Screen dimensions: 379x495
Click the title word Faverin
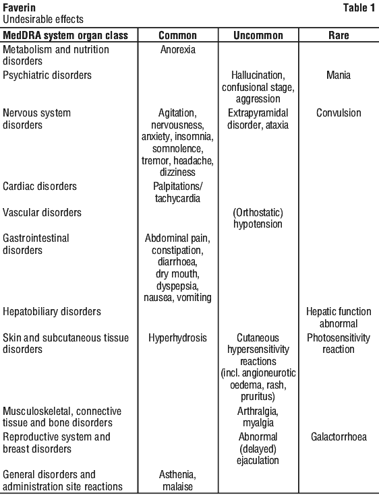(20, 7)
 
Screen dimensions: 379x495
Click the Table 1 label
(359, 7)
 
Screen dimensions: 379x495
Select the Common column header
(177, 35)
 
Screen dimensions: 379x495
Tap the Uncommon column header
(258, 35)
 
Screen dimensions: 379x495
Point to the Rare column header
(339, 35)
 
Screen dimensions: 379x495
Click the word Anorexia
(177, 50)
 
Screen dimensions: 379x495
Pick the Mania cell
(339, 75)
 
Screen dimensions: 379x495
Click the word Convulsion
(339, 113)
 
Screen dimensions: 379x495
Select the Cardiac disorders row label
(40, 187)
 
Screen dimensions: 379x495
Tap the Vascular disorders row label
(42, 212)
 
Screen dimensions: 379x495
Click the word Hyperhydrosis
(177, 338)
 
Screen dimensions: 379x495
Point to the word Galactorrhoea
(339, 437)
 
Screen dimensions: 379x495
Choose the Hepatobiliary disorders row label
(52, 312)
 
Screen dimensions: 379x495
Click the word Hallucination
(258, 75)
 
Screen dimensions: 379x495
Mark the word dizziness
(177, 172)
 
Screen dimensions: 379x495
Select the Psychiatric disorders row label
(47, 75)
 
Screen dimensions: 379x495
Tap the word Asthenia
(177, 475)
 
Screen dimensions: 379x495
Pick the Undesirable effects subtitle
(43, 20)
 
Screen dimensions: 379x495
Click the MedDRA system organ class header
(65, 36)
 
